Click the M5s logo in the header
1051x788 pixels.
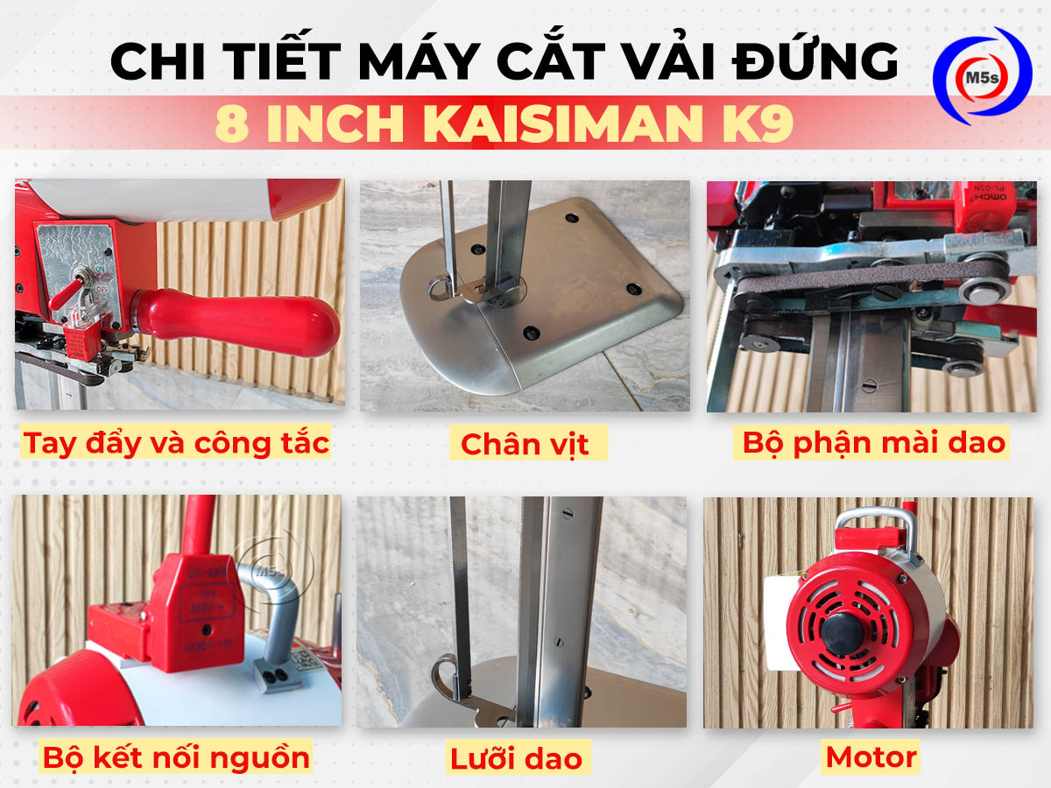point(982,76)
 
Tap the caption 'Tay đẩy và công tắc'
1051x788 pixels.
point(176,442)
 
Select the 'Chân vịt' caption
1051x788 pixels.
point(525,444)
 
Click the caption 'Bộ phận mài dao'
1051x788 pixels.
point(873,442)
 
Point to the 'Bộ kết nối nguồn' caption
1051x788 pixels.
point(176,756)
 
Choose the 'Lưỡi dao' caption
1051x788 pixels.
point(517,758)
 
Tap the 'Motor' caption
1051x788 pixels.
point(871,756)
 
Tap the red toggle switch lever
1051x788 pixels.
point(70,292)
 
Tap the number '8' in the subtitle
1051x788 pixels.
point(231,124)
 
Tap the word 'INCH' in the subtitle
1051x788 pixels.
point(337,124)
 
